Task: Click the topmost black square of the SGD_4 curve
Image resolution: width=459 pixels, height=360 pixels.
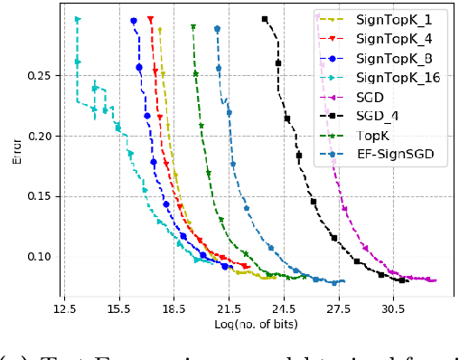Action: click(265, 19)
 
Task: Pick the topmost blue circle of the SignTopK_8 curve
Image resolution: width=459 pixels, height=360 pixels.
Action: click(134, 21)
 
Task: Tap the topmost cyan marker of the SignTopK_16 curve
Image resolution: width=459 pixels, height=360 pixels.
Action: click(77, 19)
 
